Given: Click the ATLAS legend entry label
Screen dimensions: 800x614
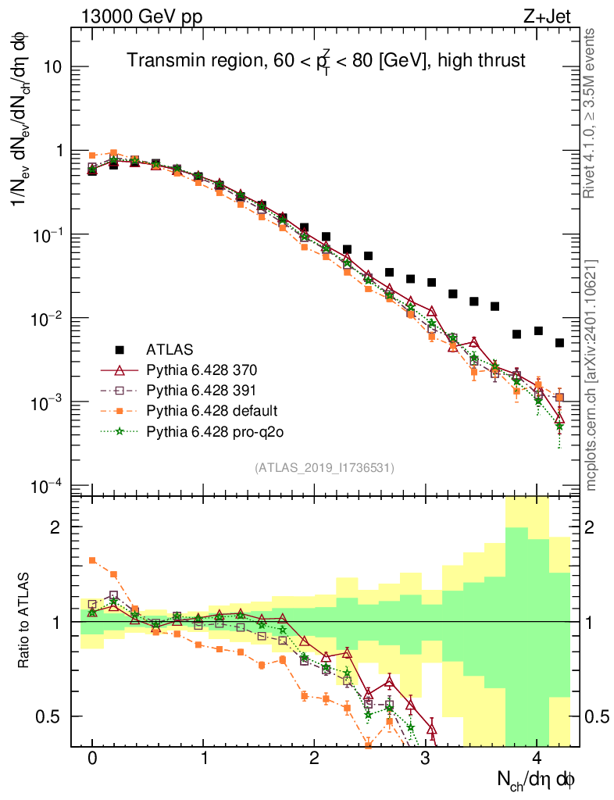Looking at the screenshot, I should tap(170, 348).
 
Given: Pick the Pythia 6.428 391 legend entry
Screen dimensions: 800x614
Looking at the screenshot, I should tap(202, 389).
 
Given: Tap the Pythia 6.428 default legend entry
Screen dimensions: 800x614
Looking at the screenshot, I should tap(211, 409).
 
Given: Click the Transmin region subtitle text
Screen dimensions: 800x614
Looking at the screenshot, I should tap(327, 60).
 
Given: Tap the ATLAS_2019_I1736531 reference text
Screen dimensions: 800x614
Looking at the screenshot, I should tap(324, 467).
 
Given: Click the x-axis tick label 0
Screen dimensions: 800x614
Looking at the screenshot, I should tap(92, 759).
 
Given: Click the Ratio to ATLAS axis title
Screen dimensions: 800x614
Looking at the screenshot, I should tap(25, 621).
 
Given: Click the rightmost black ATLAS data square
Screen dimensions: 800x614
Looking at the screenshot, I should tap(560, 342).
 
